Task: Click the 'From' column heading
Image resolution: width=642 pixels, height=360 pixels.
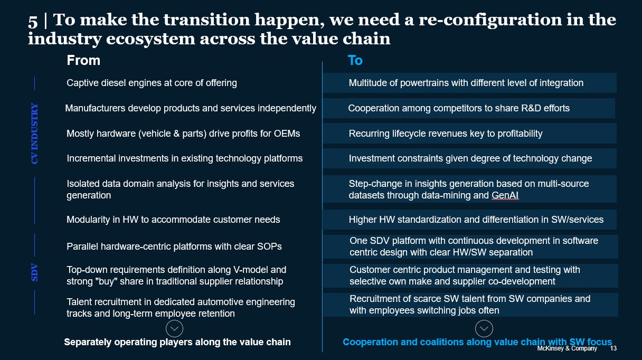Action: (83, 60)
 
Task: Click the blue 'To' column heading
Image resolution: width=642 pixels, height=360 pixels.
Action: (355, 60)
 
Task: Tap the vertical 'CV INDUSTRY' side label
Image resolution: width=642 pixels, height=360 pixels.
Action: (35, 133)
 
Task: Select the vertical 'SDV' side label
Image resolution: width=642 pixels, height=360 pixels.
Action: (35, 273)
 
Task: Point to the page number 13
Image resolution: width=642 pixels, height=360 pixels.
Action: (613, 348)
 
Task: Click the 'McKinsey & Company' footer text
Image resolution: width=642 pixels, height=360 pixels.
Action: (567, 348)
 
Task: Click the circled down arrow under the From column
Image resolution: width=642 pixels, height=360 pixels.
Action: (174, 329)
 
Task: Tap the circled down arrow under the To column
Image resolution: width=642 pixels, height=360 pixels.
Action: (484, 329)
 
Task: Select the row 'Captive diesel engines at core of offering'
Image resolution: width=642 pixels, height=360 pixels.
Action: (152, 83)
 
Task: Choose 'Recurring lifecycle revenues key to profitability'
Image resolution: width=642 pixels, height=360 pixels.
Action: (445, 134)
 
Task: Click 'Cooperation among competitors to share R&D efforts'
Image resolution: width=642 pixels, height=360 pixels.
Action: (459, 108)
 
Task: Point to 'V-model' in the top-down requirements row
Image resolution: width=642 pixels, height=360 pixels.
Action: (269, 270)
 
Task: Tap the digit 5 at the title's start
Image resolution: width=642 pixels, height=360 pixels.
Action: (33, 21)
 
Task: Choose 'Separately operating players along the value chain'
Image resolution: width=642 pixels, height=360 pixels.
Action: (177, 342)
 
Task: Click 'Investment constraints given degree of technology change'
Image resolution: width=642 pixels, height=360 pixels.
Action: (470, 158)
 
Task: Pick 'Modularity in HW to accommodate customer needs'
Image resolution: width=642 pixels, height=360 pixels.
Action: (173, 219)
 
